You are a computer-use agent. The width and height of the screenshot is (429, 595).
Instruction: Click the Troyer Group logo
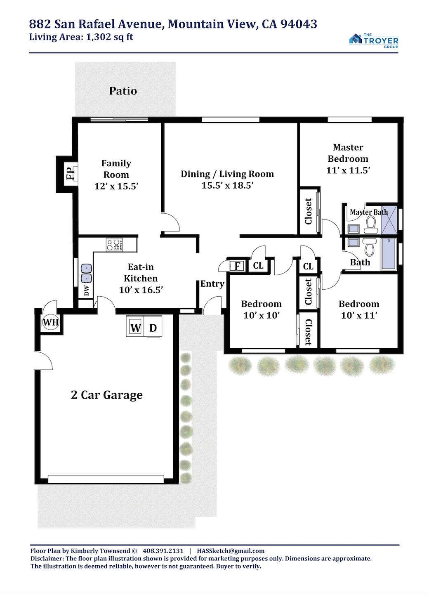click(x=373, y=41)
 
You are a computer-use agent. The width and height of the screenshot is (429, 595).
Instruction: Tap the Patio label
click(x=123, y=91)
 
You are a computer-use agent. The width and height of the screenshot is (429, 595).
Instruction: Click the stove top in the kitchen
click(x=114, y=244)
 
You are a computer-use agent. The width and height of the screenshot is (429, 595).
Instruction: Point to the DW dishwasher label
click(x=87, y=290)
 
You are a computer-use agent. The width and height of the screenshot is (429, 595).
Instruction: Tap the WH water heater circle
click(x=51, y=322)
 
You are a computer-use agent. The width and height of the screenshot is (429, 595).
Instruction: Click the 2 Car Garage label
click(x=107, y=395)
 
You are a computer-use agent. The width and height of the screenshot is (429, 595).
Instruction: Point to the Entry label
click(x=212, y=284)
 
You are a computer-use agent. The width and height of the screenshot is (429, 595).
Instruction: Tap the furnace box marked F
click(x=237, y=266)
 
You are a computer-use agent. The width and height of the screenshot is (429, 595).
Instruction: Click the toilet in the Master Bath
click(x=371, y=225)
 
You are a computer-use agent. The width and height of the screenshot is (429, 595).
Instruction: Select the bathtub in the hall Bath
click(x=389, y=254)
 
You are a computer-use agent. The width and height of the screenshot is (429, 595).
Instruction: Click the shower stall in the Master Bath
click(x=389, y=220)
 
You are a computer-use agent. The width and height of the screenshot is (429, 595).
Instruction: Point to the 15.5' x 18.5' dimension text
click(x=228, y=185)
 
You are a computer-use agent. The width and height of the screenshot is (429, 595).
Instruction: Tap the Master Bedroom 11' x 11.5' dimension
click(x=348, y=170)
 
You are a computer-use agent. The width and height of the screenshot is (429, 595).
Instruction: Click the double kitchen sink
click(x=86, y=273)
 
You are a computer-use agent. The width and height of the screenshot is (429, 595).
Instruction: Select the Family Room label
click(x=116, y=169)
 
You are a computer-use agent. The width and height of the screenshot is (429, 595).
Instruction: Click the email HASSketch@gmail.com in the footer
click(x=231, y=551)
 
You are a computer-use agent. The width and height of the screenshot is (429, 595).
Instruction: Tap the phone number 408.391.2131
click(x=163, y=551)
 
